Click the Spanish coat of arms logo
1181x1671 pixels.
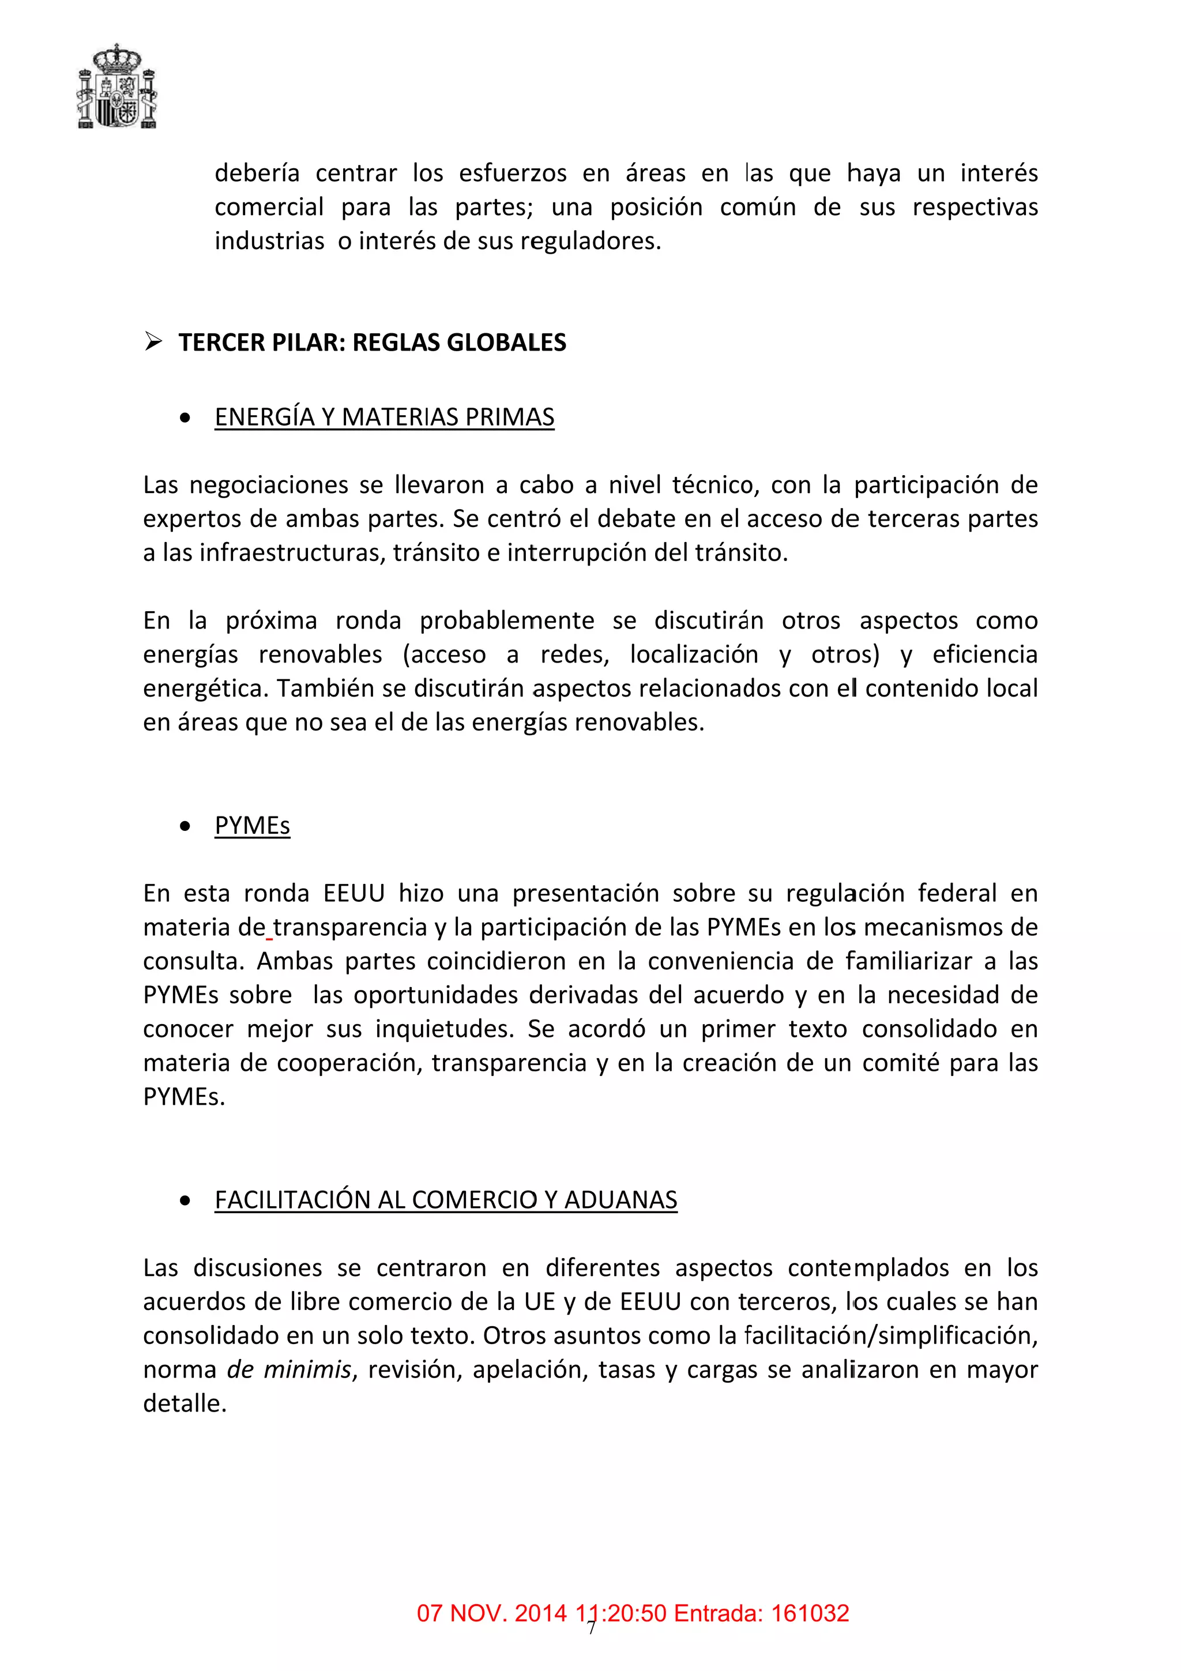[116, 86]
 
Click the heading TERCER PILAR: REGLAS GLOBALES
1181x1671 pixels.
[372, 342]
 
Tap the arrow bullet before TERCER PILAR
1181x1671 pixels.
[153, 341]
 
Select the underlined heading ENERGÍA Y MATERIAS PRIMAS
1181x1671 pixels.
[383, 417]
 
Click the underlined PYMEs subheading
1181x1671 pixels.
[252, 825]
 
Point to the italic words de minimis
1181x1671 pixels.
[289, 1369]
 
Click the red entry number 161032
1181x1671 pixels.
[809, 1613]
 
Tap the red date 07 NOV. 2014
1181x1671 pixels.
[491, 1613]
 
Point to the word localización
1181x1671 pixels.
[694, 654]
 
